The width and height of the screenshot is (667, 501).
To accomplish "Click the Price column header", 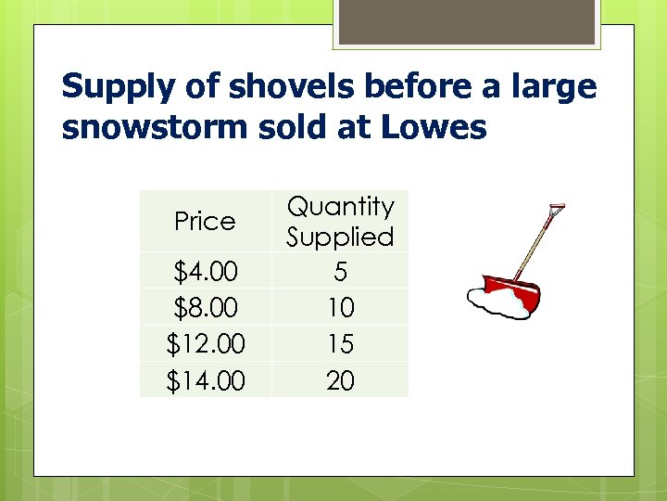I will point(205,222).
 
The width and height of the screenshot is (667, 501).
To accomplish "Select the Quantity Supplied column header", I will point(340,221).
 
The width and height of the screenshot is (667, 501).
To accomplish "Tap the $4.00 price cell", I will point(206,272).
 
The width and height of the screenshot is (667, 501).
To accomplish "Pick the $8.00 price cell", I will point(206,307).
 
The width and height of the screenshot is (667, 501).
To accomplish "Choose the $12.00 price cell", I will point(206,343).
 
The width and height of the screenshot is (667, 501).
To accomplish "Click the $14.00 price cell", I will point(206,379).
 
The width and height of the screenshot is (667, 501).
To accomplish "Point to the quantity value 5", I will point(340,271).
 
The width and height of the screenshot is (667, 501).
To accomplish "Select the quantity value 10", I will point(340,307).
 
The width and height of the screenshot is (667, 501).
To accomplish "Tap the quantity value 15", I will point(340,343).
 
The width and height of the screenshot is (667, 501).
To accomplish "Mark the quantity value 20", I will point(340,379).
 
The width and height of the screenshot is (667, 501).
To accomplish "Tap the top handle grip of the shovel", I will point(556,209).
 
